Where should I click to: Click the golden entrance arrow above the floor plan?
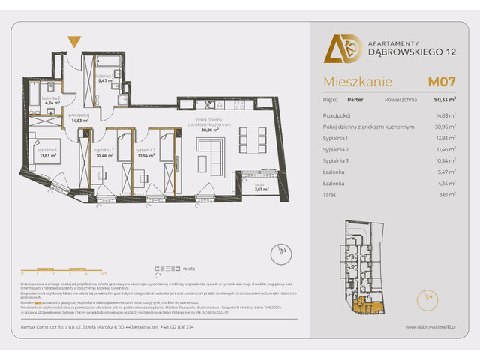coord(73,41)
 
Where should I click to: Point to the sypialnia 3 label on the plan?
coord(146,151)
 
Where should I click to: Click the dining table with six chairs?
coord(250,137)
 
